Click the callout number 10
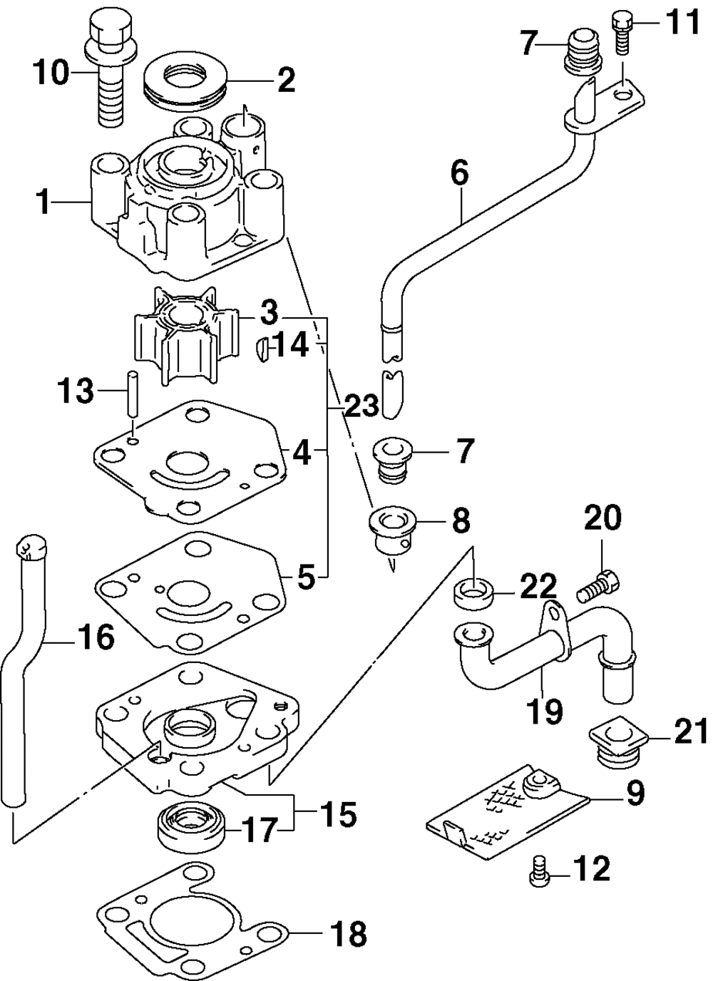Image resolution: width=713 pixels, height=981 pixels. point(52,73)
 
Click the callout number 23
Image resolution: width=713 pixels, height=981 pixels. point(361,406)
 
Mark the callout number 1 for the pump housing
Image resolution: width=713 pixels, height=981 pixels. point(44,202)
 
